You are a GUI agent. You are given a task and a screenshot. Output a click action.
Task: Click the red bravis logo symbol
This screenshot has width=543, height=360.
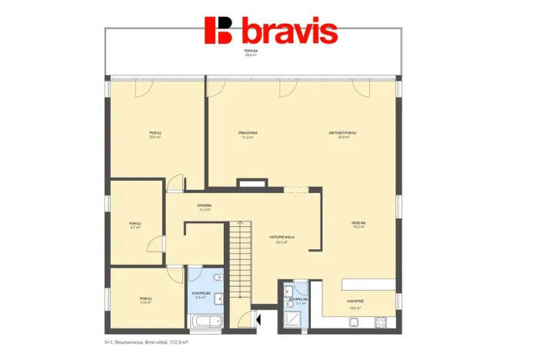point(219,30)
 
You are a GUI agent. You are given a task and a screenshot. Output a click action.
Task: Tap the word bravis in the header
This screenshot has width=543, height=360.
point(289,32)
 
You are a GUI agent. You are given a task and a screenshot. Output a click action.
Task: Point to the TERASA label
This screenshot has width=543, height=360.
point(250,52)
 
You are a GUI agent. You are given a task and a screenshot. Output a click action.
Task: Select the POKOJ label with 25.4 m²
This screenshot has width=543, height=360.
point(155,134)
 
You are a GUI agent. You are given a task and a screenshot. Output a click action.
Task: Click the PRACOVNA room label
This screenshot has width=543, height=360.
point(248,134)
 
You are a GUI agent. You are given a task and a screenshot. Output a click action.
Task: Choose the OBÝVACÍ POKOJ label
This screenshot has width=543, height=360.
point(342,134)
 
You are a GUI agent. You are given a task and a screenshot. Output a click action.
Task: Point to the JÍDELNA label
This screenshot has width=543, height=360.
point(358,224)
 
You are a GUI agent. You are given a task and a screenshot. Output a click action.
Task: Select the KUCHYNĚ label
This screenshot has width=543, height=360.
point(355,305)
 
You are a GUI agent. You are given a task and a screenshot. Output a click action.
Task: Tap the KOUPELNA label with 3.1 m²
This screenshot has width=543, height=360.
point(297,300)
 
